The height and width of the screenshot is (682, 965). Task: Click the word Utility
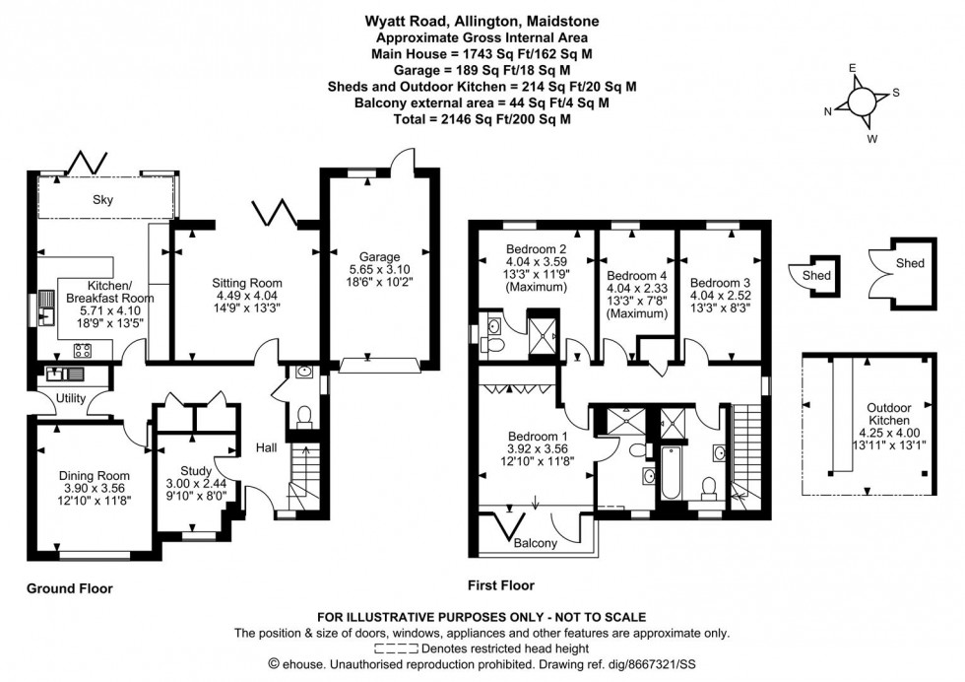[75, 398]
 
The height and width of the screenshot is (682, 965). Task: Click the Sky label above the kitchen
[103, 200]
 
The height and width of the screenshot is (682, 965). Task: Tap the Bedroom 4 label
[637, 275]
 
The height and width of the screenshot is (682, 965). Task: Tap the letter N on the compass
[827, 110]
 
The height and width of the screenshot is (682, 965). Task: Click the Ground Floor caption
[69, 588]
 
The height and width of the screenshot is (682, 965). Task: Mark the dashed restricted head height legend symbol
[397, 648]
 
